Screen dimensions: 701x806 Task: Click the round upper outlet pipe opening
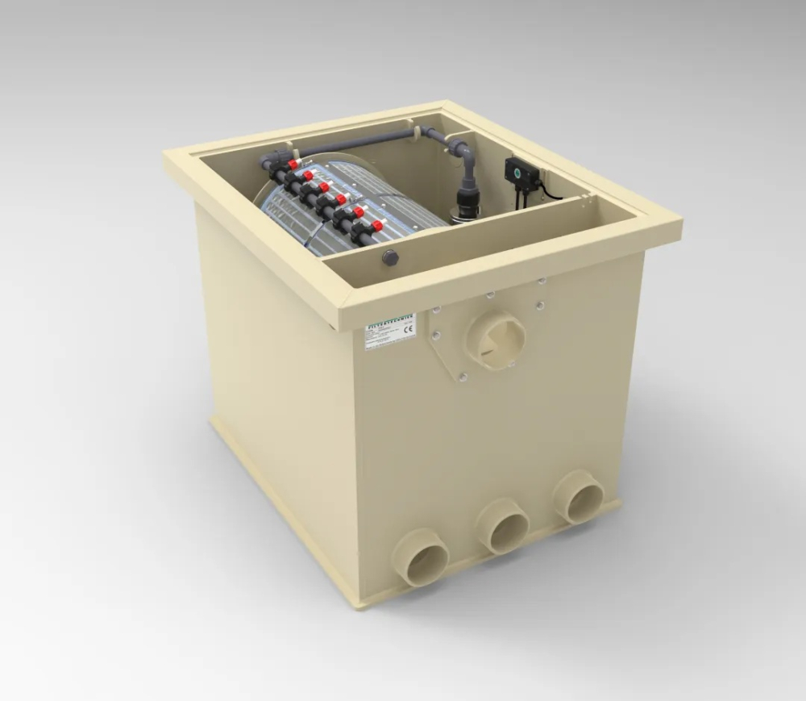496,340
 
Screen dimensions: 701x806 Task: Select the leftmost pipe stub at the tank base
420,556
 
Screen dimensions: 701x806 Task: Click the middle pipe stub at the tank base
501,525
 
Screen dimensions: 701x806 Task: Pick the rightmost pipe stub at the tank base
578,496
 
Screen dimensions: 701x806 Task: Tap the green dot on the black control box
517,170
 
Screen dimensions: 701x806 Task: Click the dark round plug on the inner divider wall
391,258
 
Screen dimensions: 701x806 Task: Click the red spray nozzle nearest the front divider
377,226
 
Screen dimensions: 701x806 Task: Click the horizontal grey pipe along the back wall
363,140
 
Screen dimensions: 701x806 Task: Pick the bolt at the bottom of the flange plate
463,376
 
